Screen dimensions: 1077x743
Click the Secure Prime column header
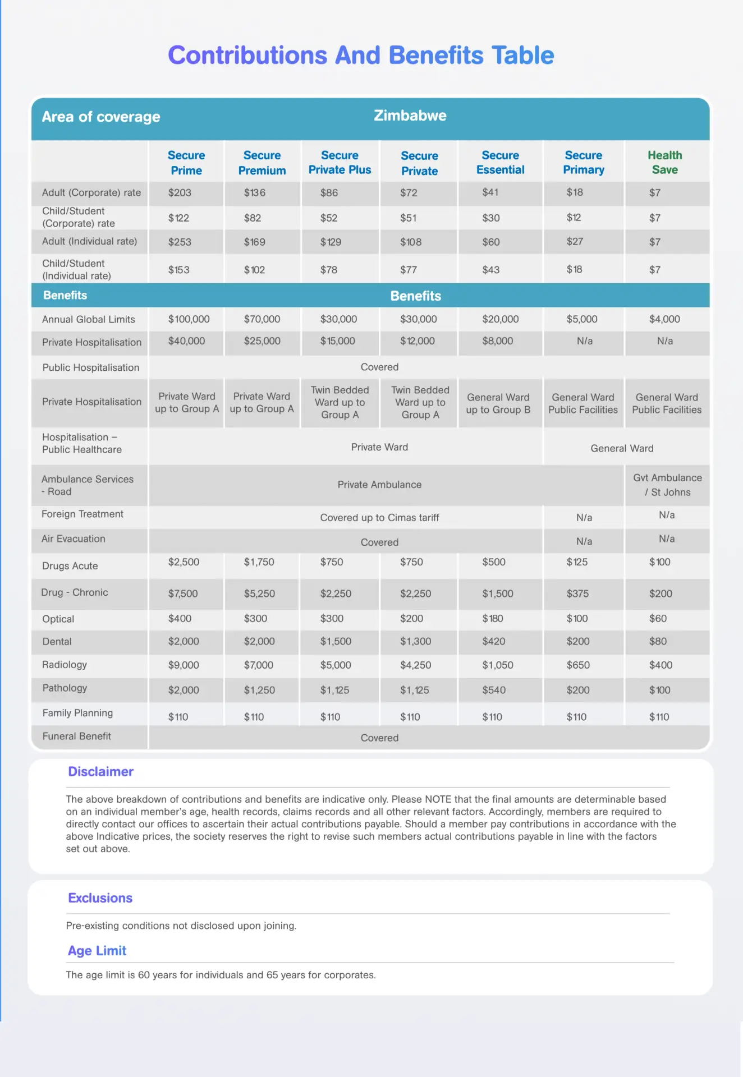(186, 163)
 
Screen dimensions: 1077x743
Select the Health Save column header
(664, 162)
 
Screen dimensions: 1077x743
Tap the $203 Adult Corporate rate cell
(180, 192)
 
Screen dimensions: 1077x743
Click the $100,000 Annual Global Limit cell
(189, 319)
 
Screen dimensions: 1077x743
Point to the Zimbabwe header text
(410, 116)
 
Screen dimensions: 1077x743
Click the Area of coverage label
(101, 117)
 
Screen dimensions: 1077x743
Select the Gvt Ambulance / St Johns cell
(667, 485)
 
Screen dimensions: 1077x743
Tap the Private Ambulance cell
(379, 485)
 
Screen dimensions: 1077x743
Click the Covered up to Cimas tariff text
(379, 517)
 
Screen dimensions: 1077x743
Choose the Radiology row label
(65, 665)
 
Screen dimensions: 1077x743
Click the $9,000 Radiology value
(184, 665)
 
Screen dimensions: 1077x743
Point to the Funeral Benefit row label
(77, 736)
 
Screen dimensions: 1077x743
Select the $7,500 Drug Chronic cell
(183, 593)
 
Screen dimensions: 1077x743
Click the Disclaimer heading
(100, 771)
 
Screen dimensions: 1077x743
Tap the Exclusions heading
(100, 897)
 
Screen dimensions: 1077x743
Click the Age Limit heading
(97, 950)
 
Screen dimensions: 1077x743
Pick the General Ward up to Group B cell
(498, 403)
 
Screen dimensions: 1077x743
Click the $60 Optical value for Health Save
(658, 618)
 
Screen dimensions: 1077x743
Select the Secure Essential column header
(500, 162)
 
